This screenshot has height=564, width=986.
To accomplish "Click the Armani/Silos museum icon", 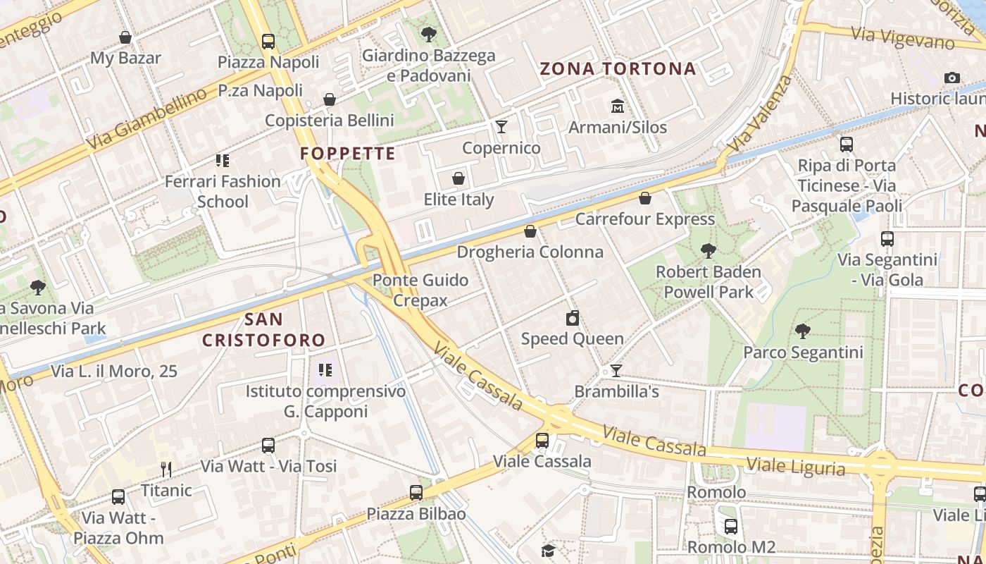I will point(618,106).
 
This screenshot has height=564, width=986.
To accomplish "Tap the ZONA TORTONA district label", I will point(618,69).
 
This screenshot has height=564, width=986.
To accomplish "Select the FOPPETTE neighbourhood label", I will point(348,154).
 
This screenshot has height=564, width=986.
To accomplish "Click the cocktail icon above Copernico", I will point(501,127).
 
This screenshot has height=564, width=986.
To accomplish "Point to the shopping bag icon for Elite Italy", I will point(458,178).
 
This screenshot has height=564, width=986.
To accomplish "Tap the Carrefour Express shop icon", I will point(644,198).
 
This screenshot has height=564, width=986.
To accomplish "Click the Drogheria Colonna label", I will point(530,252).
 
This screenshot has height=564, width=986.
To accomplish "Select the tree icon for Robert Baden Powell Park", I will point(708,250).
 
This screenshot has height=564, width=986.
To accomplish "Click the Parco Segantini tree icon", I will point(802,331).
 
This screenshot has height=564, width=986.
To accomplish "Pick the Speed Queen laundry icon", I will point(573,318).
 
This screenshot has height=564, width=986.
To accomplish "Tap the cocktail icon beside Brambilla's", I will point(616,371).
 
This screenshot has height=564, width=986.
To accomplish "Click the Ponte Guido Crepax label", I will point(420,290).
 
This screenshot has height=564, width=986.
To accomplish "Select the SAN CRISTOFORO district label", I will point(264,329).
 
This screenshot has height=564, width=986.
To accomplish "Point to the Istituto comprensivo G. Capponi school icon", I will point(325,370).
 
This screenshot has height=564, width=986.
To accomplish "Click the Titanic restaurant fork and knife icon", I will point(166,469).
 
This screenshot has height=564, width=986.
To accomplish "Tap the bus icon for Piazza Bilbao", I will point(416,493).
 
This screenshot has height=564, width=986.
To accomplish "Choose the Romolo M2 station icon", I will point(731,526).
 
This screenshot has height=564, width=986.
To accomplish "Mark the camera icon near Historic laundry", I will point(952,78).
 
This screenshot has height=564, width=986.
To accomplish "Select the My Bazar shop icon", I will point(125,37).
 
